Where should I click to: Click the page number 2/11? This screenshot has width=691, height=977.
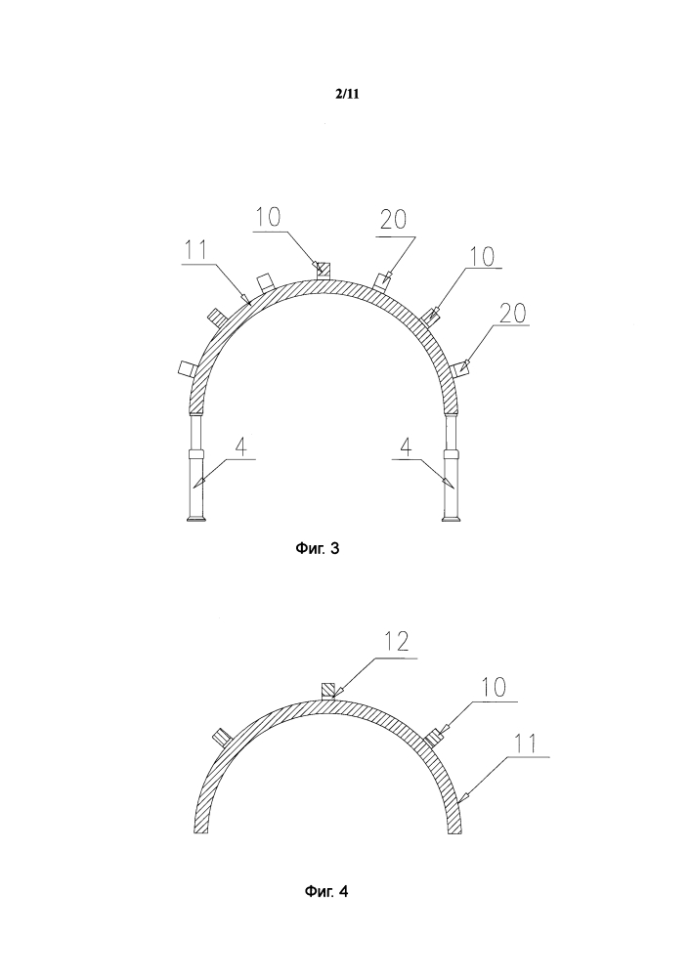click(347, 94)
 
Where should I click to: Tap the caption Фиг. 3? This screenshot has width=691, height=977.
click(317, 549)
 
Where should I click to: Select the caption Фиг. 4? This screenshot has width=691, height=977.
click(326, 892)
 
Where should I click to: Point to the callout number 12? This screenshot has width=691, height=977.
click(396, 642)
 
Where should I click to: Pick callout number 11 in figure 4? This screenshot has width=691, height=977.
click(527, 743)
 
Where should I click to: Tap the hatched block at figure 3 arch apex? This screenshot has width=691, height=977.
click(323, 270)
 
